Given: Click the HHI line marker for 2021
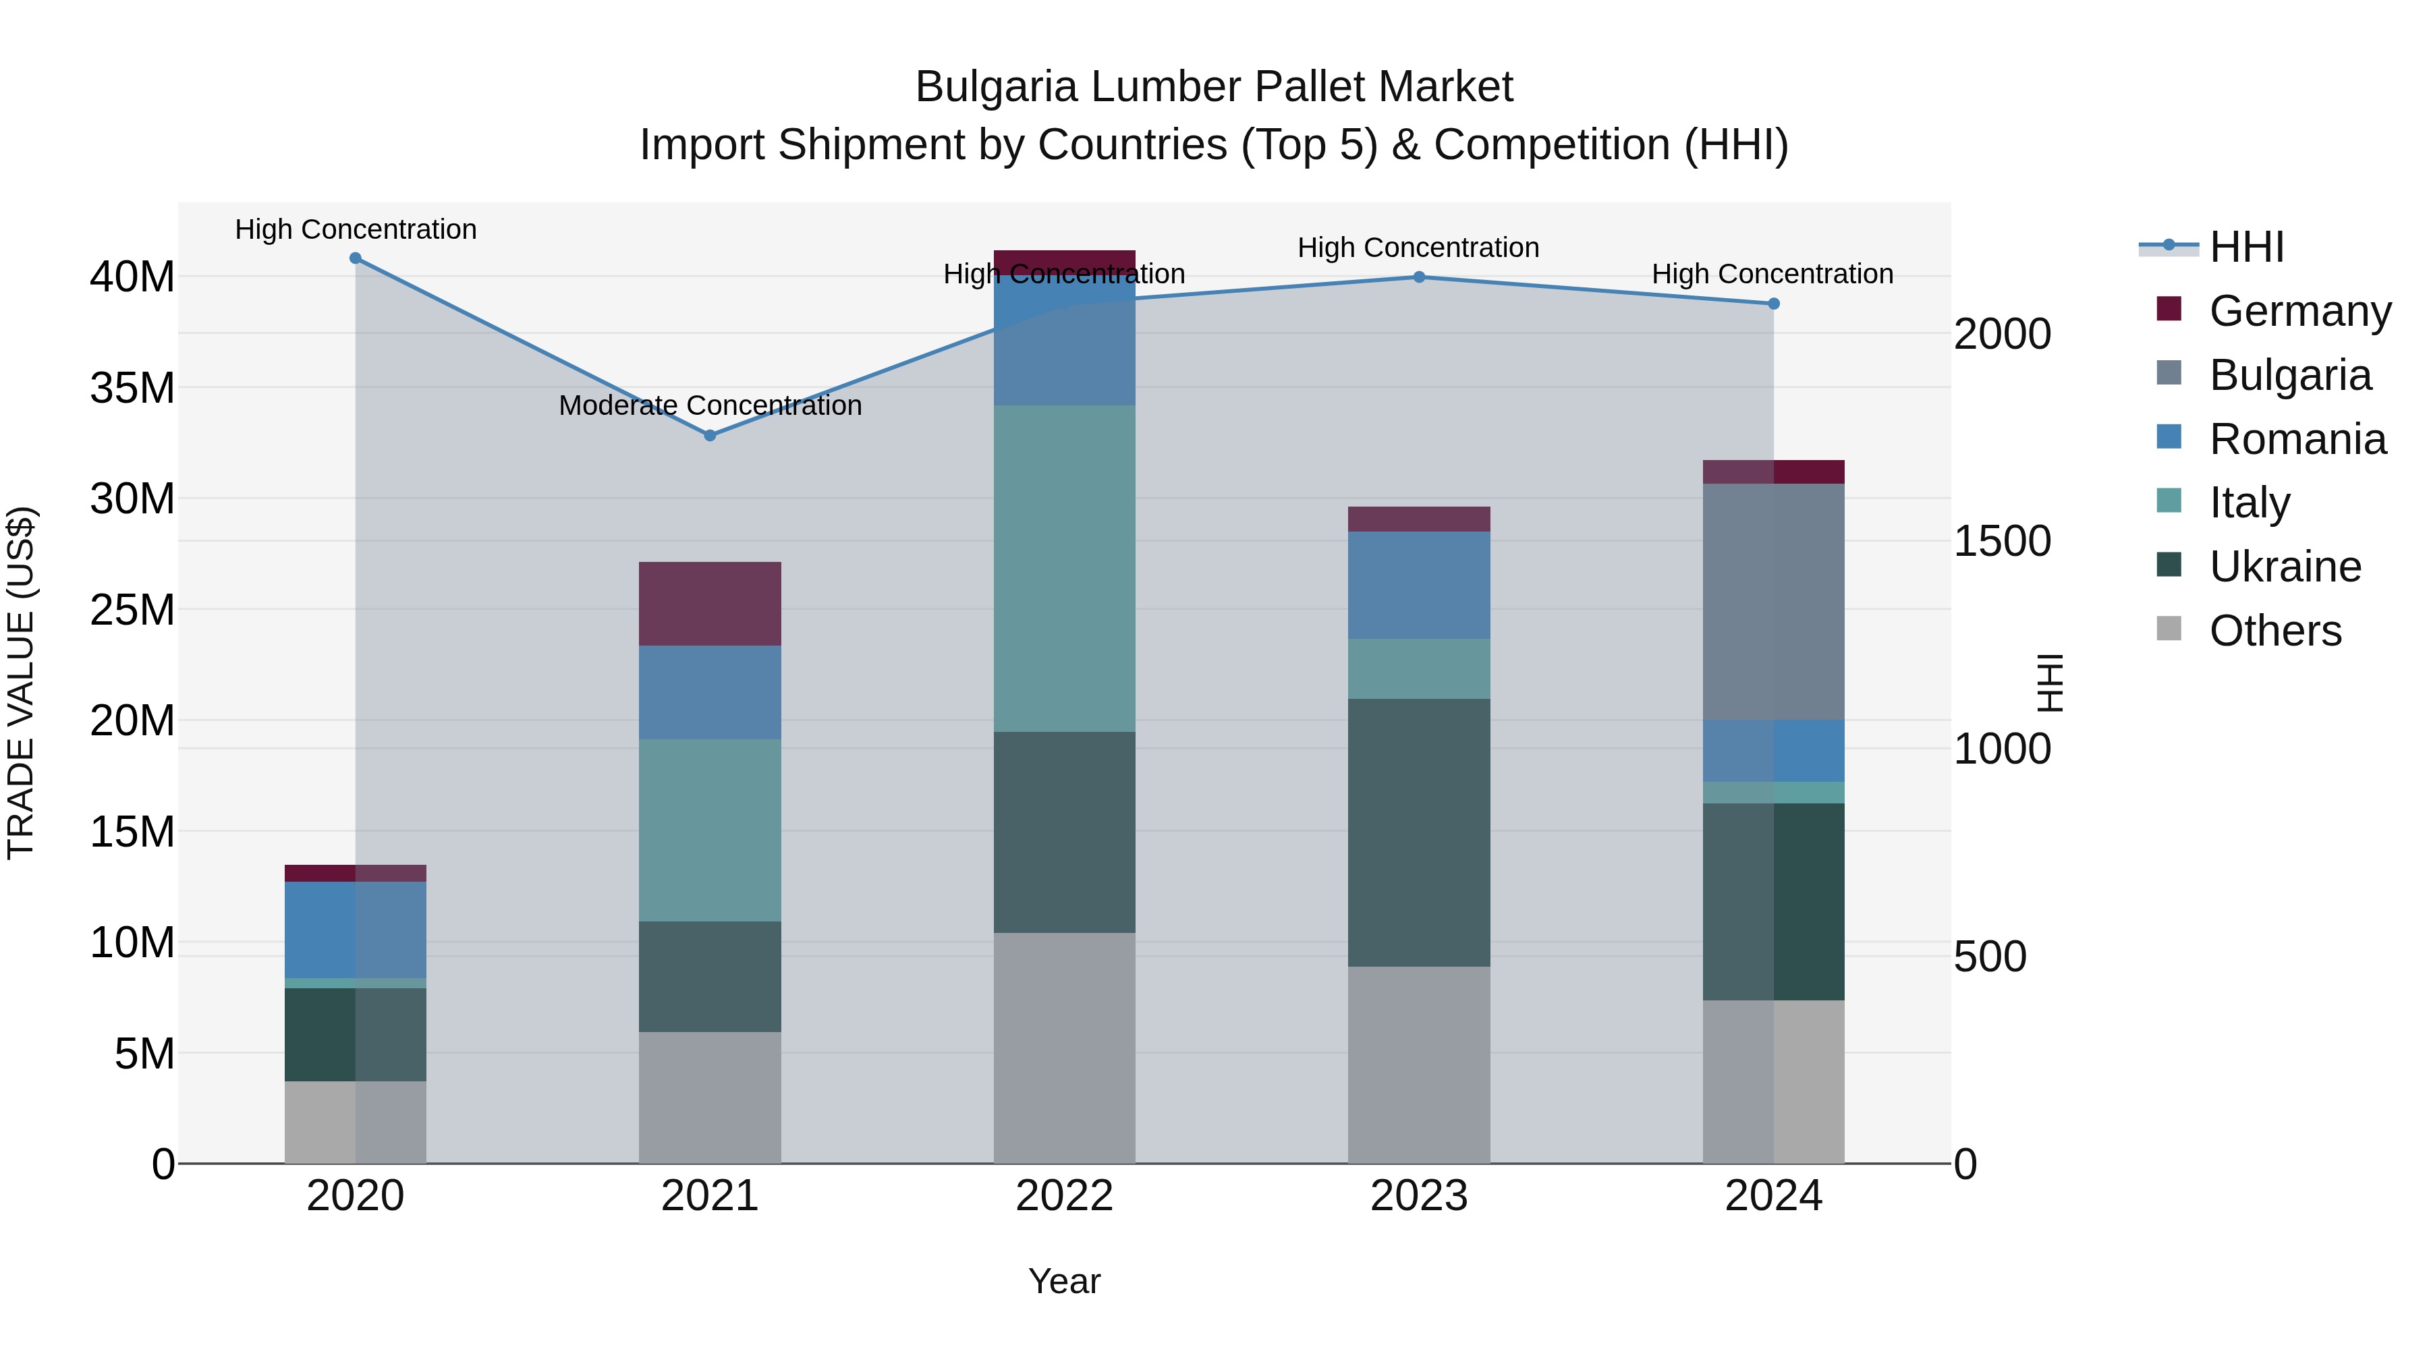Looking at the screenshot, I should click(710, 436).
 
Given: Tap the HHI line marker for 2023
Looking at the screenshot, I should click(1418, 277).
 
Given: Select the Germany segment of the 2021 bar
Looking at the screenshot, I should click(710, 603).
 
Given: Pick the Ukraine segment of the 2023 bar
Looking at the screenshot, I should click(1418, 832).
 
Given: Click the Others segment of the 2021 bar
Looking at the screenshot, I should click(710, 1098).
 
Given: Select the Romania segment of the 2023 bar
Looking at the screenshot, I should click(1418, 586).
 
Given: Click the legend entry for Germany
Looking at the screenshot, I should click(2299, 311).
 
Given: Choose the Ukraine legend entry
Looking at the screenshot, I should click(2285, 567).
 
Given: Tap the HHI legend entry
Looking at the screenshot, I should click(2245, 247).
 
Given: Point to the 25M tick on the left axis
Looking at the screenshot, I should click(132, 610).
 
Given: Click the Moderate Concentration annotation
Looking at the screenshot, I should click(710, 405).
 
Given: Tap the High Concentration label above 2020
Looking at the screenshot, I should click(356, 229).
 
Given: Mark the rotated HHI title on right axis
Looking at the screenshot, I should click(2050, 683).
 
